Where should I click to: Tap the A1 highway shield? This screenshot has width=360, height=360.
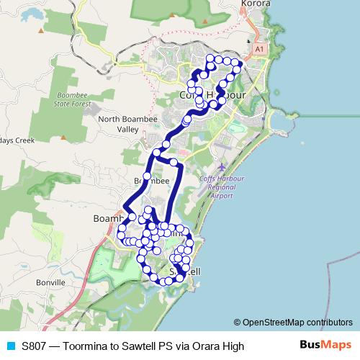259,48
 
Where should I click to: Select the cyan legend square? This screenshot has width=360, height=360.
10,346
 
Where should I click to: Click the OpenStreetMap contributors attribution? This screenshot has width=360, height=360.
297,323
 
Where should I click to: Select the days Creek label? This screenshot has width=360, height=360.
17,140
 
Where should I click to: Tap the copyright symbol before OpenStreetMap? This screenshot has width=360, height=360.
238,323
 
